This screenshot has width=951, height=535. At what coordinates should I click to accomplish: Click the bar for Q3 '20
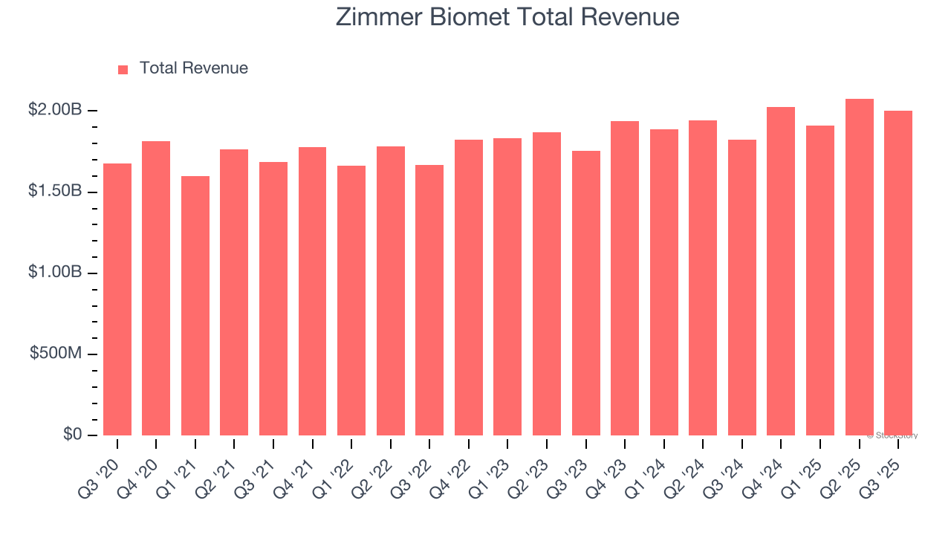(117, 299)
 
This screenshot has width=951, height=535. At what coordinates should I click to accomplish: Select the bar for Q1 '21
(195, 305)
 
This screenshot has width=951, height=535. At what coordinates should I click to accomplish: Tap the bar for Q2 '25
(860, 267)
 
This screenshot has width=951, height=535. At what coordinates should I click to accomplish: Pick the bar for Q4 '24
(781, 271)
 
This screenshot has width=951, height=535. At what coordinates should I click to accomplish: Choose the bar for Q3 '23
(586, 294)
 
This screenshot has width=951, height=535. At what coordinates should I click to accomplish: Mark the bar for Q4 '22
(469, 288)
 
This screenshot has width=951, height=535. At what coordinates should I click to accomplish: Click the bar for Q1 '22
(351, 300)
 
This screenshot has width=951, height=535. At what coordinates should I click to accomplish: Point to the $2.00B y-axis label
(55, 110)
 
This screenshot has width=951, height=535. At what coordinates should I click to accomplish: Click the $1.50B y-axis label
(55, 191)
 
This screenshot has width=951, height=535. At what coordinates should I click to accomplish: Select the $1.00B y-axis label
(55, 272)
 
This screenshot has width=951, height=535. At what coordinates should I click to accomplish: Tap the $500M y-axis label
(56, 353)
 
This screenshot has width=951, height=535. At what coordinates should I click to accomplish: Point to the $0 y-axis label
(72, 434)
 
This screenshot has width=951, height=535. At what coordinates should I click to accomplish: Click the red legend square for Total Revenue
(123, 69)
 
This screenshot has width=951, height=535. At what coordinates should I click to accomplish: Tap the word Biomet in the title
(469, 16)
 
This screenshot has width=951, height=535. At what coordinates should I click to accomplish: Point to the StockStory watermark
(892, 435)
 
